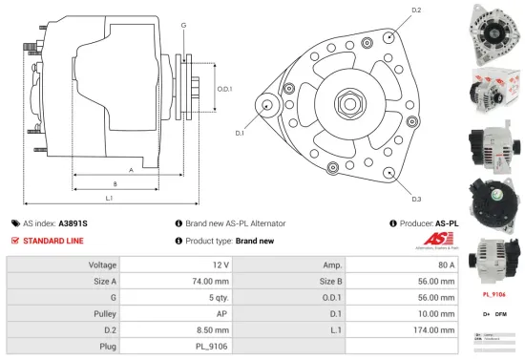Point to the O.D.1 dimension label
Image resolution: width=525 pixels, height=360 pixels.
(x=224, y=89)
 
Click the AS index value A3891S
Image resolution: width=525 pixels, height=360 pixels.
(x=73, y=222)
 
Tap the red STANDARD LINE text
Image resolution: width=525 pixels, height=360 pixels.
(x=53, y=241)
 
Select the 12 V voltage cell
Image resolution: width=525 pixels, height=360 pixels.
(x=220, y=264)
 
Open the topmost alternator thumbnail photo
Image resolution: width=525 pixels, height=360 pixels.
(x=493, y=30)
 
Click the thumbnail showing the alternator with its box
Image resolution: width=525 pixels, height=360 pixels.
(x=493, y=90)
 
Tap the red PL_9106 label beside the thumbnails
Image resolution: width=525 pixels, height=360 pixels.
(x=493, y=295)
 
